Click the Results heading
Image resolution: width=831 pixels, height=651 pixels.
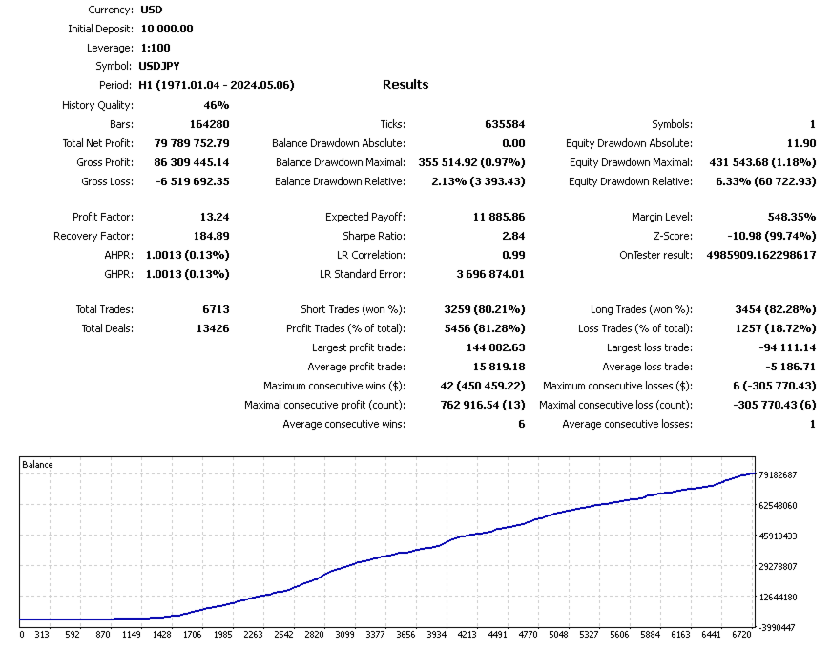pyautogui.click(x=405, y=85)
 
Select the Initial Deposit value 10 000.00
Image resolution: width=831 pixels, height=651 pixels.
pyautogui.click(x=166, y=29)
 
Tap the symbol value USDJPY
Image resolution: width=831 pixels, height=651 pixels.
pyautogui.click(x=158, y=67)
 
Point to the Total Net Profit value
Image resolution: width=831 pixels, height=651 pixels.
pyautogui.click(x=191, y=143)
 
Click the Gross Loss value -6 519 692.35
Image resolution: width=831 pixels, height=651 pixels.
pyautogui.click(x=191, y=181)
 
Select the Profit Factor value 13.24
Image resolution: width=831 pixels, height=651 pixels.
pyautogui.click(x=215, y=217)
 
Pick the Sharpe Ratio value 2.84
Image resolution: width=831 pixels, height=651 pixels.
pyautogui.click(x=512, y=236)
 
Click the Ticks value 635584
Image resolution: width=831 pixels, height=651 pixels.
pyautogui.click(x=505, y=124)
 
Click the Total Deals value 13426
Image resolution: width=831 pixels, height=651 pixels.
pyautogui.click(x=212, y=328)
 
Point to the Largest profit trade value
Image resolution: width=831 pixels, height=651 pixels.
pyautogui.click(x=495, y=347)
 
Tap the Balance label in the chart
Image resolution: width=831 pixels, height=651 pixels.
pyautogui.click(x=37, y=465)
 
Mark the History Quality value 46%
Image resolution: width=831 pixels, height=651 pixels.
pyautogui.click(x=216, y=105)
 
